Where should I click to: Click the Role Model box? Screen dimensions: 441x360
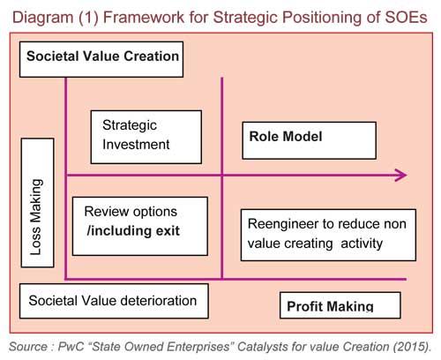pyautogui.click(x=309, y=140)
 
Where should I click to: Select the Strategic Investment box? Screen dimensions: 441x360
pyautogui.click(x=146, y=137)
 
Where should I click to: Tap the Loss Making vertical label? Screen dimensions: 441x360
pyautogui.click(x=37, y=203)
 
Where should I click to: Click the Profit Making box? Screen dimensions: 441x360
pyautogui.click(x=340, y=305)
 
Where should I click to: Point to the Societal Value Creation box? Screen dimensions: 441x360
pyautogui.click(x=101, y=59)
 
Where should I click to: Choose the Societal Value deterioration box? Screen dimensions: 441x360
pyautogui.click(x=114, y=301)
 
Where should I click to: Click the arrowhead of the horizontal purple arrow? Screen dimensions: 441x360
pyautogui.click(x=401, y=176)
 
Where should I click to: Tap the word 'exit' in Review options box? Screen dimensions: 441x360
pyautogui.click(x=168, y=231)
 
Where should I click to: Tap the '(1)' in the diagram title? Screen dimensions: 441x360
pyautogui.click(x=88, y=18)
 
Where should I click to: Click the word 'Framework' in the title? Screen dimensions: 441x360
pyautogui.click(x=144, y=17)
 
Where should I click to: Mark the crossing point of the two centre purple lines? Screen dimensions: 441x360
pyautogui.click(x=222, y=176)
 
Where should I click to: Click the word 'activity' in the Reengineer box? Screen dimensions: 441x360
pyautogui.click(x=362, y=244)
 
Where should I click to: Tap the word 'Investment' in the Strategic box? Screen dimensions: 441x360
pyautogui.click(x=136, y=145)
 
